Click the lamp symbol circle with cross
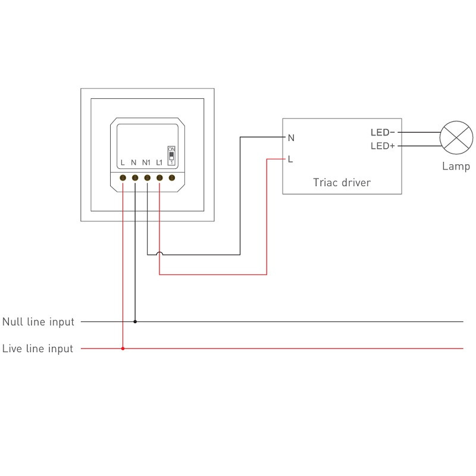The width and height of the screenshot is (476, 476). point(456,138)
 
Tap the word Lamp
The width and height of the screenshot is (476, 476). point(456,167)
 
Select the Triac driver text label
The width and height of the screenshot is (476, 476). point(342,183)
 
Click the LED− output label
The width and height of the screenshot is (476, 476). point(383,132)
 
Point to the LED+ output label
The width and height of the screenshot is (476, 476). point(383,146)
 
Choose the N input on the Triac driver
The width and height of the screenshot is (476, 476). point(291,138)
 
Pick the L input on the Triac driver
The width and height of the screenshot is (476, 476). point(290,159)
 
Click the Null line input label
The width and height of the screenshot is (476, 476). point(38,322)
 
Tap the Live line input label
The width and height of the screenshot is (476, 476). point(37,349)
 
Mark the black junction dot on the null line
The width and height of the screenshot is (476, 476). point(135,322)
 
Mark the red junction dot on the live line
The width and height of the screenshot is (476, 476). point(123,349)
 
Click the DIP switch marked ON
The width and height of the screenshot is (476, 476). point(171,155)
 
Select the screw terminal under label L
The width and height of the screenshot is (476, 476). point(123,177)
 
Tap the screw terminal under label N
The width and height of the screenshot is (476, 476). point(135,177)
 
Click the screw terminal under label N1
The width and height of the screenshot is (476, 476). point(147,177)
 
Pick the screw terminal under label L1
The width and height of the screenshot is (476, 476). point(159,177)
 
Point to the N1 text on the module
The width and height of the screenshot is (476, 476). point(146,162)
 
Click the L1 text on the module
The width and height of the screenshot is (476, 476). point(159,162)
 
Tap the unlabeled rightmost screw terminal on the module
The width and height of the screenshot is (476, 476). point(172,177)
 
